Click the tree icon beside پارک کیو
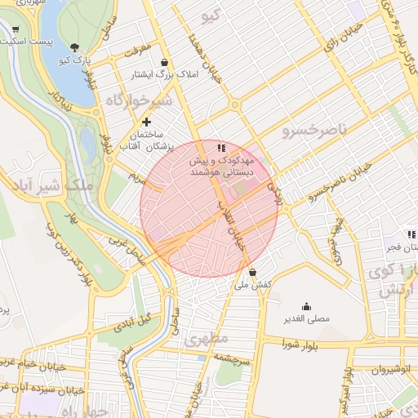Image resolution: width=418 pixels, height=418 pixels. [75, 47]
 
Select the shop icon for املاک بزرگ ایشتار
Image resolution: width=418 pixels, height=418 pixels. [165, 62]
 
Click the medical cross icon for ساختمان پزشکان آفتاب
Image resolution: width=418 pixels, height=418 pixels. [147, 122]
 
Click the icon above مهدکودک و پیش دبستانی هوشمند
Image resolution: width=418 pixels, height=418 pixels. [221, 149]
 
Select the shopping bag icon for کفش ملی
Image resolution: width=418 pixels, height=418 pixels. [252, 272]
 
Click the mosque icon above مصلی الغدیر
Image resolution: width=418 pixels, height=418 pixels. [306, 305]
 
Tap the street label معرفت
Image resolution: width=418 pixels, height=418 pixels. [137, 51]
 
